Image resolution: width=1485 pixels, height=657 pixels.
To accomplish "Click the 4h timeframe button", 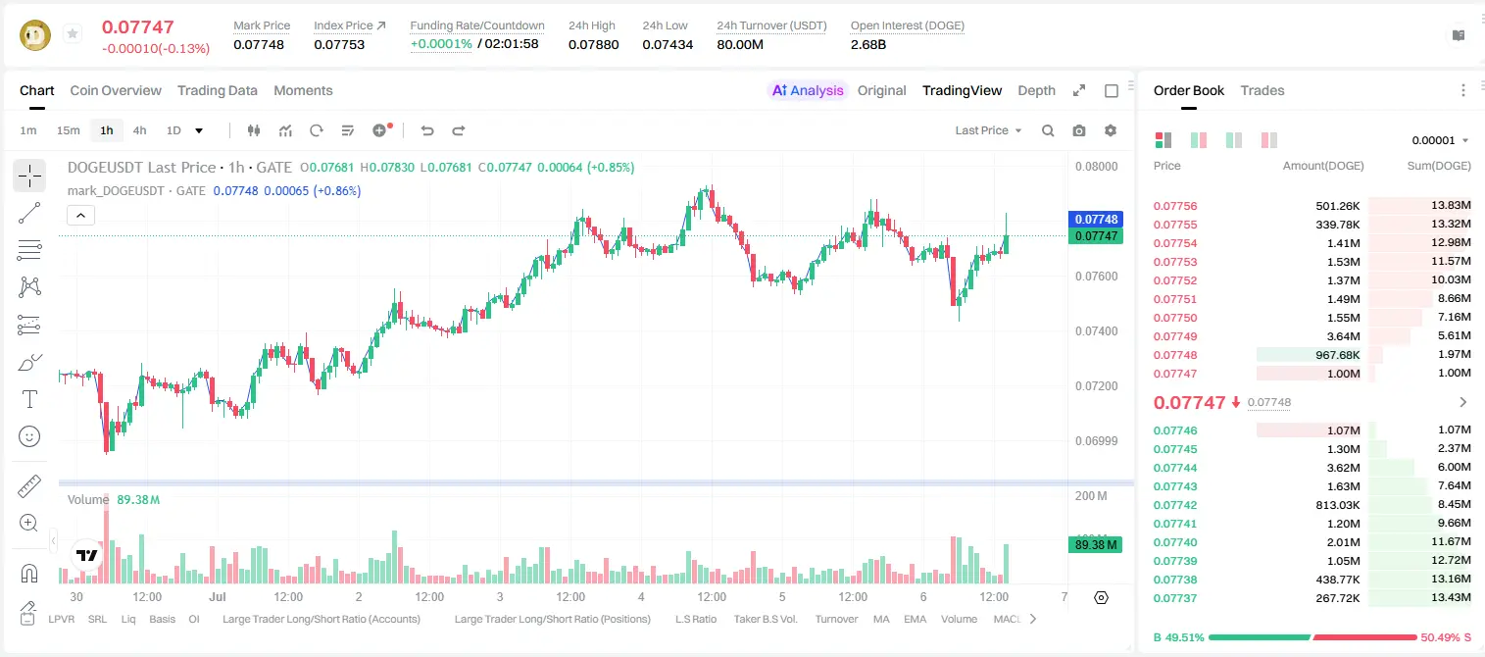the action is (x=139, y=130).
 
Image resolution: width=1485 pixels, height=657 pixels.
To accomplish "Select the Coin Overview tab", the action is (x=116, y=90).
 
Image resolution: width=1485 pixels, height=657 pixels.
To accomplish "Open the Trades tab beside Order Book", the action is (x=1262, y=90).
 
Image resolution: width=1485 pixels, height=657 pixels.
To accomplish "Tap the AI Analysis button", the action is (x=808, y=90).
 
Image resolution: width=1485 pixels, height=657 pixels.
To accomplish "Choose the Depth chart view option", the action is (x=1036, y=90).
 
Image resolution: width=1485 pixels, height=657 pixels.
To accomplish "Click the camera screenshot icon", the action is (x=1079, y=130).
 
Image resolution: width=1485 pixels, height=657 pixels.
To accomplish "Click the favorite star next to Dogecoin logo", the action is (x=73, y=33).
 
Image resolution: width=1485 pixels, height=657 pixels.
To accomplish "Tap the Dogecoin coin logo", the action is (x=35, y=35).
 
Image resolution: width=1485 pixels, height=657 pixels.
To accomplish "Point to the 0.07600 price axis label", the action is (x=1097, y=276).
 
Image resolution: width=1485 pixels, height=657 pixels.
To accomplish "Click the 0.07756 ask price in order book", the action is (x=1174, y=206).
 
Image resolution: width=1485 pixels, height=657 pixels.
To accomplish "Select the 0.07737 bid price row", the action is (x=1174, y=598).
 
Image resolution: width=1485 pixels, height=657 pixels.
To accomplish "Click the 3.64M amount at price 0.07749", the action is (x=1343, y=336).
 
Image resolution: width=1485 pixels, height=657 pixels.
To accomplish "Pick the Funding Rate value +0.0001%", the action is (x=441, y=44).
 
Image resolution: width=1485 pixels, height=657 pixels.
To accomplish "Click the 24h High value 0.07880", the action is (x=593, y=44).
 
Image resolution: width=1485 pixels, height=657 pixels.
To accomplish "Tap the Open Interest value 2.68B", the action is (x=868, y=44).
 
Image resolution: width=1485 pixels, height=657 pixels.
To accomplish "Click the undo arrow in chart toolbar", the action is (x=427, y=130).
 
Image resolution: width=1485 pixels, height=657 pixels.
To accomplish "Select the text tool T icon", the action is (x=29, y=399).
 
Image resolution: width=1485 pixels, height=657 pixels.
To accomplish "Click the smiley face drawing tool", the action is (x=29, y=436).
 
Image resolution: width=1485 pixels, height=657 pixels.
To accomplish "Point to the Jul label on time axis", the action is (x=218, y=596).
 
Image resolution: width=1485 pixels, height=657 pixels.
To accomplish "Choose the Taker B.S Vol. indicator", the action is (x=765, y=619).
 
